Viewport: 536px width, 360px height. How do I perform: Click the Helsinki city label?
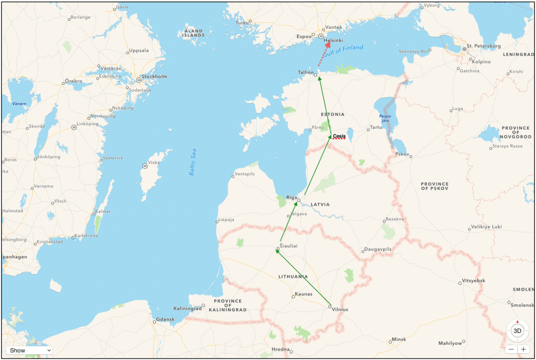click(333, 40)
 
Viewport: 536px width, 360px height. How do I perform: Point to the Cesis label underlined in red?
click(339, 137)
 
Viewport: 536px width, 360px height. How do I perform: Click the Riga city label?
click(291, 197)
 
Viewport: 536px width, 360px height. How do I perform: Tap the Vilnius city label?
click(340, 309)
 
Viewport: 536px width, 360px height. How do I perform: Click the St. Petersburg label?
click(484, 46)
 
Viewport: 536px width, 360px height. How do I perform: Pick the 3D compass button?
click(517, 331)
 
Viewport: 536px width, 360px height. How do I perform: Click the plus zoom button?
click(523, 349)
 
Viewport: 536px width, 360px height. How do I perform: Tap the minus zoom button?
click(511, 349)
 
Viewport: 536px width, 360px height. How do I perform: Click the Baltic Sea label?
click(193, 163)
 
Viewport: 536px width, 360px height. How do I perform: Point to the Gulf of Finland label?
click(343, 51)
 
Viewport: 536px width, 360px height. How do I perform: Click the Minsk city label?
click(399, 339)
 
